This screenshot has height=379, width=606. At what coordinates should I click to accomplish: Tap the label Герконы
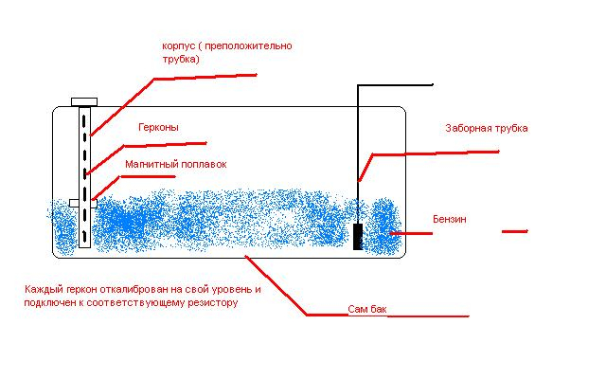click(158, 127)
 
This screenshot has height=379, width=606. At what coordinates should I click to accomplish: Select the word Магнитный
click(150, 164)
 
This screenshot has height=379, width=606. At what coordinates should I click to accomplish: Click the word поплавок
click(202, 164)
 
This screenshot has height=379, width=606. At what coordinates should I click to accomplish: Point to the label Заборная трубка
click(487, 128)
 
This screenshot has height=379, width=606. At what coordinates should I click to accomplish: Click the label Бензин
click(450, 219)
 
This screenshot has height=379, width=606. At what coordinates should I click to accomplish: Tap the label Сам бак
click(367, 309)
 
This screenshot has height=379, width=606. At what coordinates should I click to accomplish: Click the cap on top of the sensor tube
click(84, 102)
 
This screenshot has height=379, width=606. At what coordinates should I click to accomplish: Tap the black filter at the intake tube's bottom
click(358, 236)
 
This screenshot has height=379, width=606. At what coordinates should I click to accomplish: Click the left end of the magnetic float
click(70, 203)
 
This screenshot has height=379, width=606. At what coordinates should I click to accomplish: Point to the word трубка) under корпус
click(181, 60)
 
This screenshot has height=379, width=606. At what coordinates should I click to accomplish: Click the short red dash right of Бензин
click(515, 231)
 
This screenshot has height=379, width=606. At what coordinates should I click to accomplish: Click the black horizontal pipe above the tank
click(395, 84)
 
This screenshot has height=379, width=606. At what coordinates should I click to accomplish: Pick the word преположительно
click(248, 46)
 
